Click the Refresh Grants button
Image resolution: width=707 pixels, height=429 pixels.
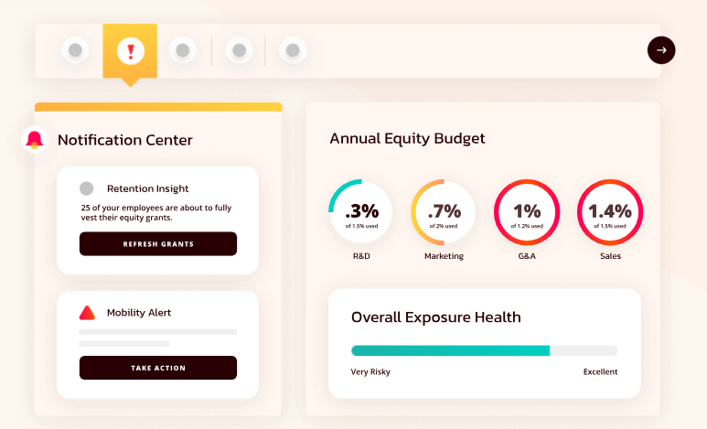[158, 243]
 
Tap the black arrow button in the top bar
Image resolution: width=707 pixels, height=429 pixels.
[661, 50]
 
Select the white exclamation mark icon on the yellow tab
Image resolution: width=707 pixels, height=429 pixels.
[131, 50]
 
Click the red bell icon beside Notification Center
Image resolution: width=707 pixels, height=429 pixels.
[34, 139]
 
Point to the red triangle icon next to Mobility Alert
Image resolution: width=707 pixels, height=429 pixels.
[87, 313]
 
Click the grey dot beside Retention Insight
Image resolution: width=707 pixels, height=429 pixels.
[87, 188]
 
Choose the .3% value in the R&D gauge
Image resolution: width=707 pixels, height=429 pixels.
[362, 210]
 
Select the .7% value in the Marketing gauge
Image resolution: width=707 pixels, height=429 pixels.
[445, 210]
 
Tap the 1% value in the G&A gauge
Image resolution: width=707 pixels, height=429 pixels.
[527, 210]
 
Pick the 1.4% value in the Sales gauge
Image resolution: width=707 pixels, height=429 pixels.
[610, 210]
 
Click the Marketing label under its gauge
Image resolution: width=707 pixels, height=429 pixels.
[445, 256]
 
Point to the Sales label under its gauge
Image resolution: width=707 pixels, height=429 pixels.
[611, 256]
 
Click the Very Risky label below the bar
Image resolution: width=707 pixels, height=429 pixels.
[370, 371]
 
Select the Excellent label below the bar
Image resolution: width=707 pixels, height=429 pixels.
[601, 371]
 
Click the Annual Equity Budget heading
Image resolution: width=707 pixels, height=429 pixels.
[408, 138]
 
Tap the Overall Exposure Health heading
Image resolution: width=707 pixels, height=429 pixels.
[436, 317]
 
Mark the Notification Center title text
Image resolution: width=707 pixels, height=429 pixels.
[125, 140]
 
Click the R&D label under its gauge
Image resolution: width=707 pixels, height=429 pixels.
[361, 256]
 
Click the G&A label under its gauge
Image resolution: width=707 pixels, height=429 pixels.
[527, 256]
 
